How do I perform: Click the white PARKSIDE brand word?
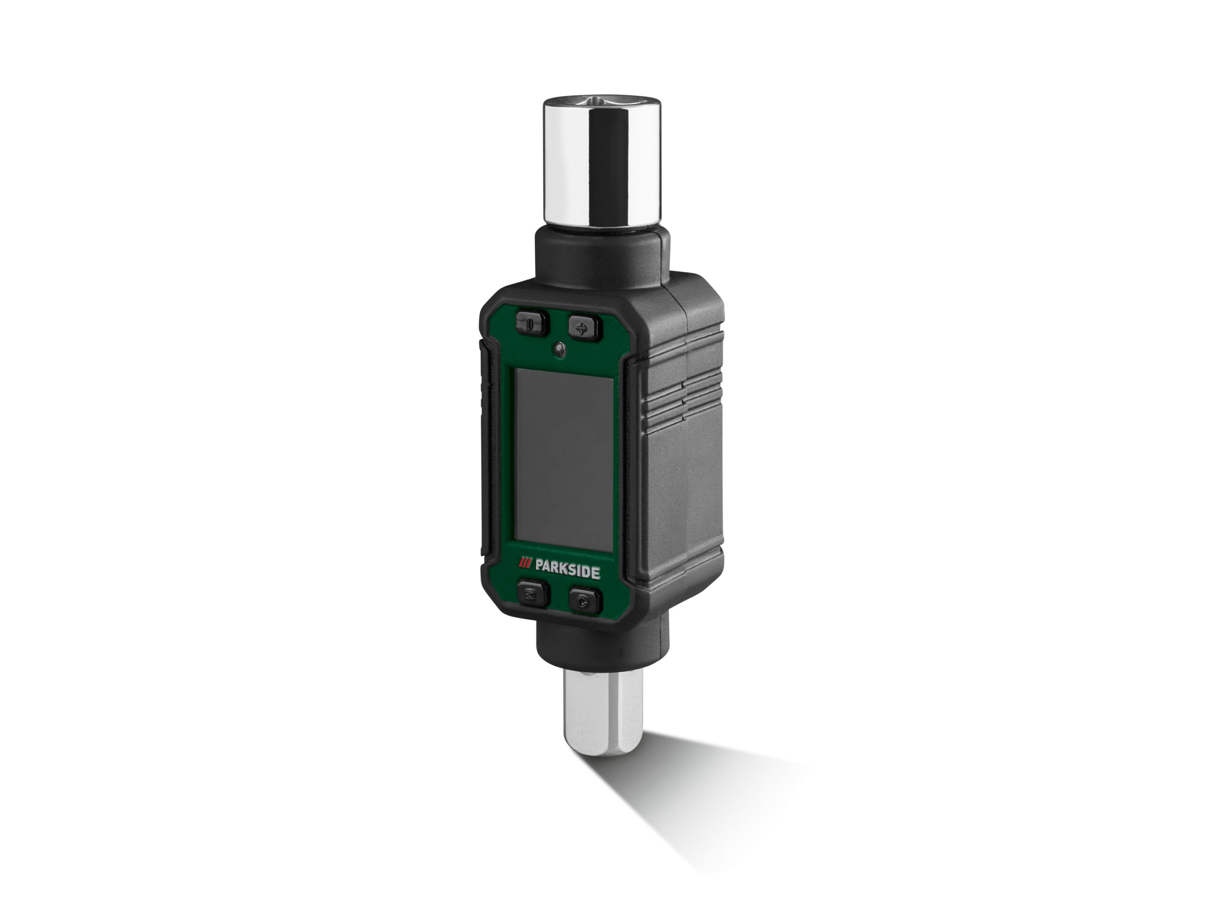coord(568,573)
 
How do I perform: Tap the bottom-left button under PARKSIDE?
coord(531,596)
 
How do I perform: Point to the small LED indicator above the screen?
coord(558,348)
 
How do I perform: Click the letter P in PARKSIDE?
coord(540,572)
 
